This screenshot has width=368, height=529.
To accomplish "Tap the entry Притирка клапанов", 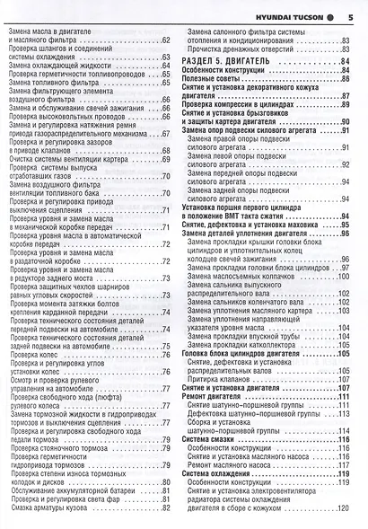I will coord(224,375).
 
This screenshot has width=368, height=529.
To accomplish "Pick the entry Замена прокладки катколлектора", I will coord(246,342).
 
